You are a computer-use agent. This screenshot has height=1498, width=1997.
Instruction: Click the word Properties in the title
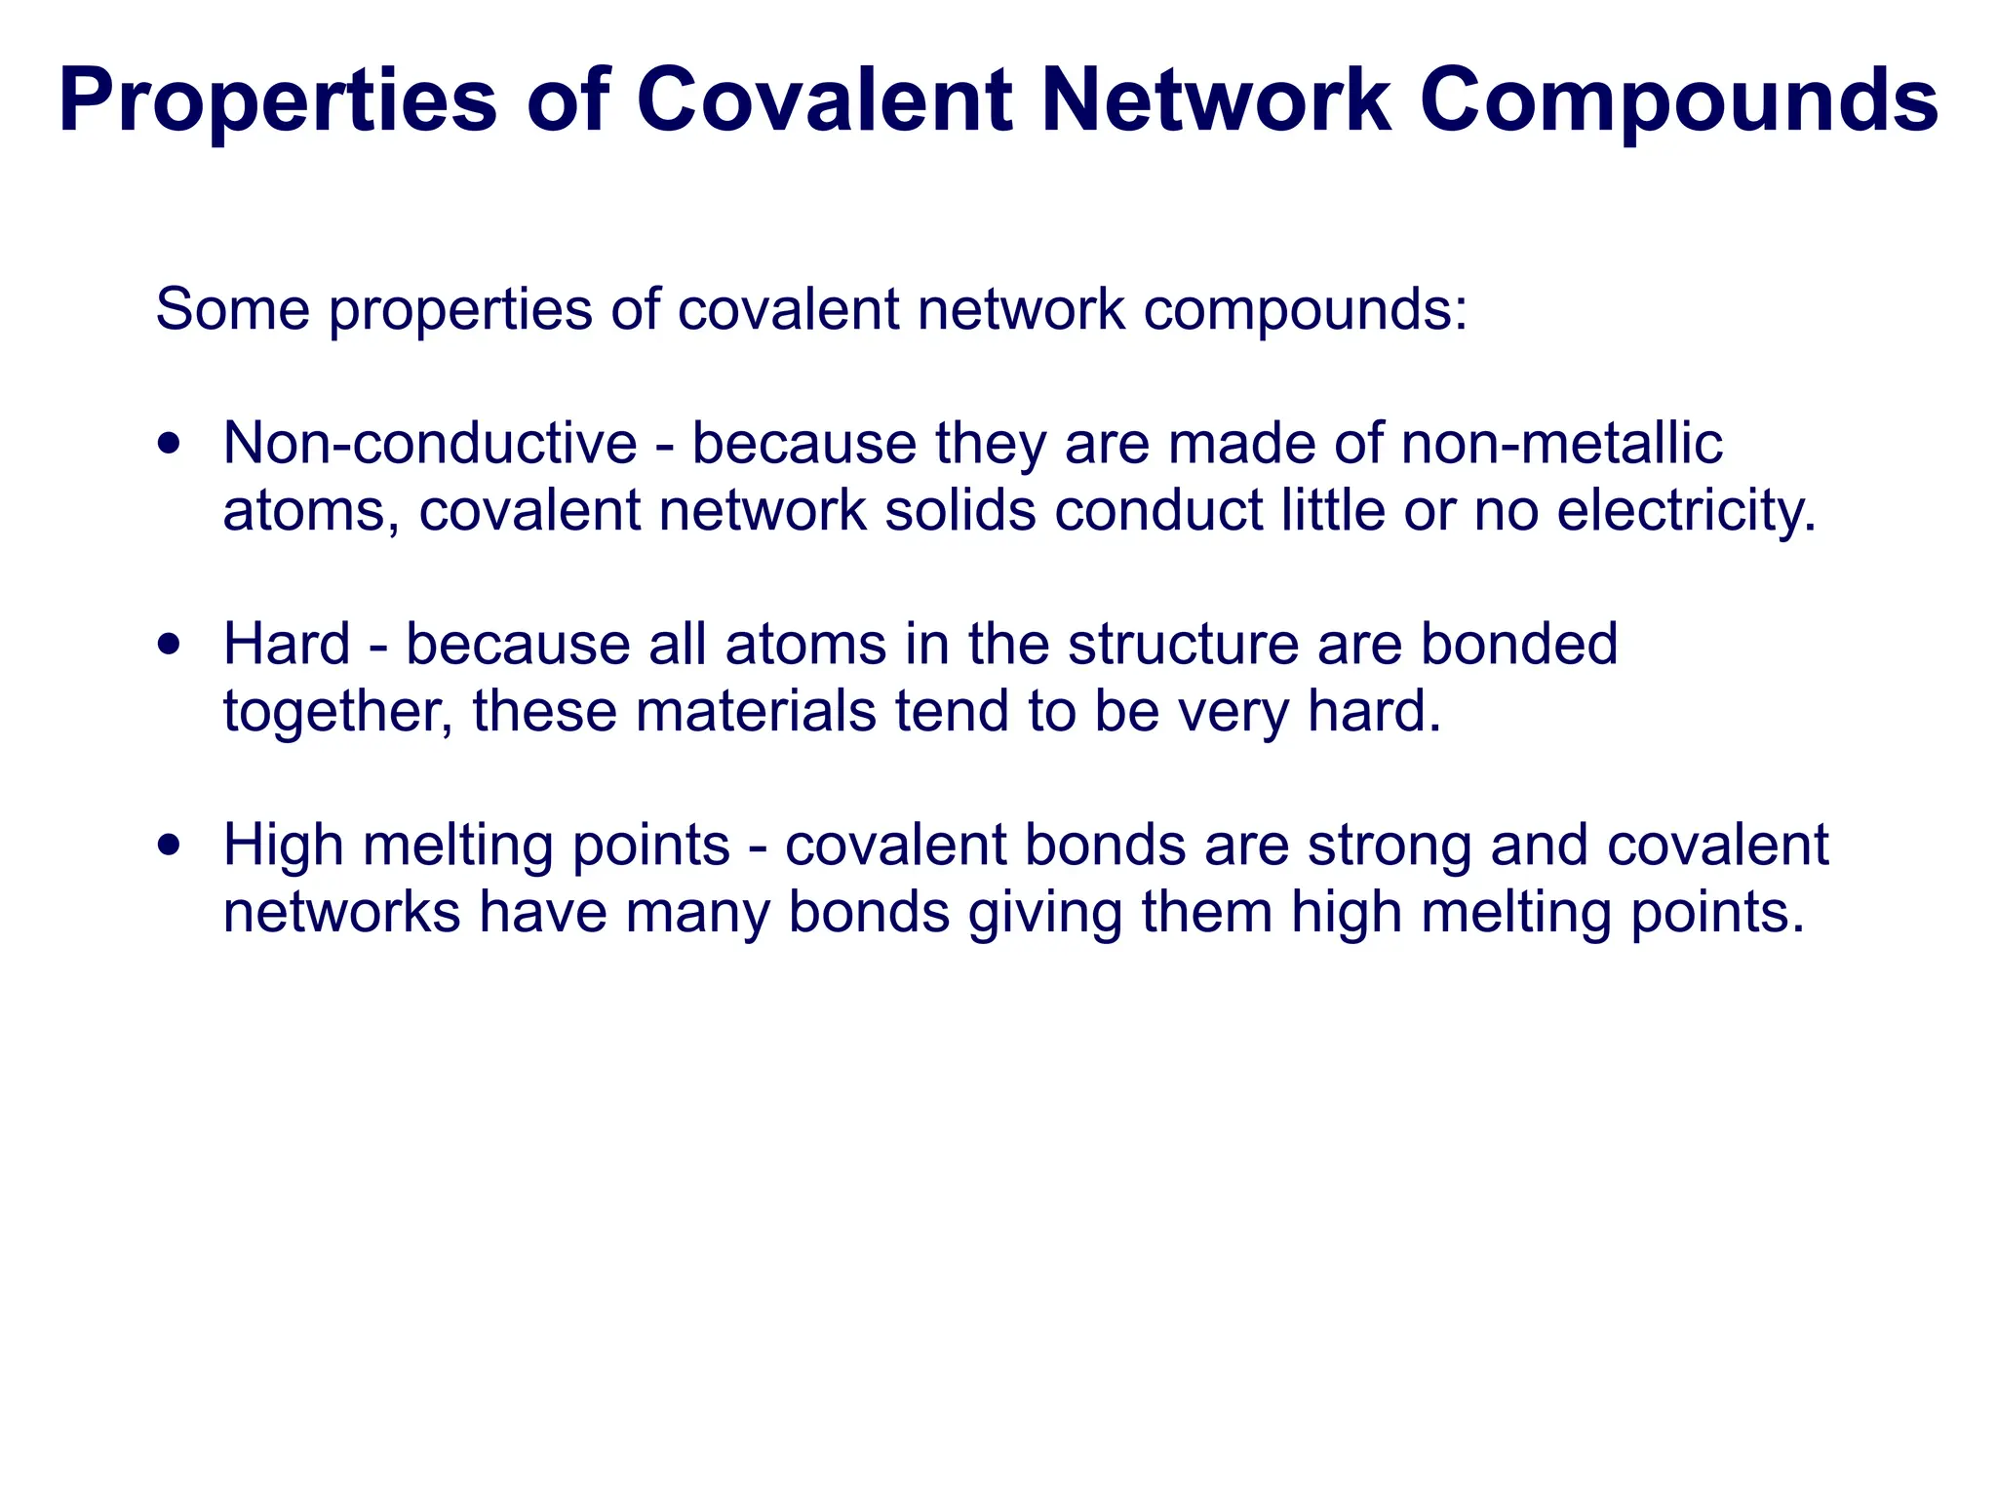(x=278, y=100)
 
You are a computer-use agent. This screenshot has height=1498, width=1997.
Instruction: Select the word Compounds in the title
(x=1678, y=100)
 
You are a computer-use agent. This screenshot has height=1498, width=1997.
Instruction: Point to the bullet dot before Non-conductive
(x=171, y=445)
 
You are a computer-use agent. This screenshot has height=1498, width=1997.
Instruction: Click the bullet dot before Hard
(x=171, y=646)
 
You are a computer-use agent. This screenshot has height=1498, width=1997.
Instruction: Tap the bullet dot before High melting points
(x=171, y=846)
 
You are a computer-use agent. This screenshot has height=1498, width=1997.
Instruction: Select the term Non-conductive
(x=430, y=444)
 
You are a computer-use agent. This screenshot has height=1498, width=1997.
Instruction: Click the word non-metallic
(x=1561, y=444)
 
